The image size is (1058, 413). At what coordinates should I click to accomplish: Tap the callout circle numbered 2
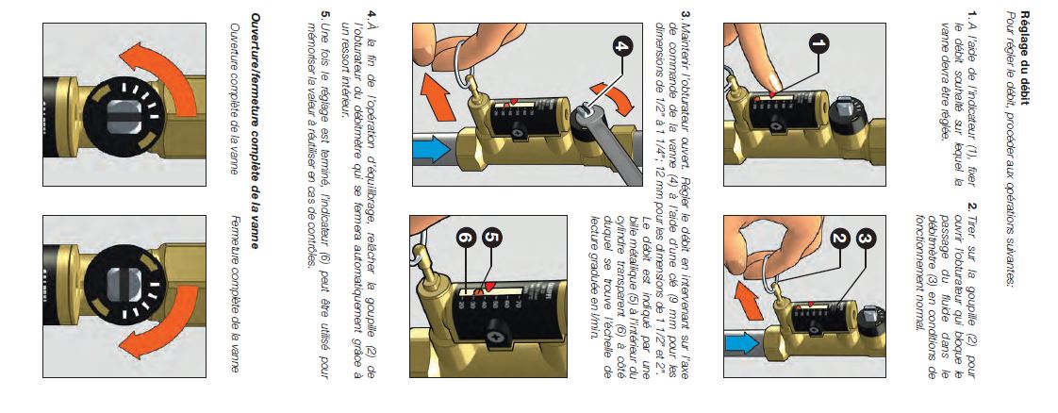[840, 239]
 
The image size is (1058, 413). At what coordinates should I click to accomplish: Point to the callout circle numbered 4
[623, 46]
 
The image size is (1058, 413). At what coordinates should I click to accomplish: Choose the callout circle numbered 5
[492, 238]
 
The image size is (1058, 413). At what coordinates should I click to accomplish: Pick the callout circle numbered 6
[466, 238]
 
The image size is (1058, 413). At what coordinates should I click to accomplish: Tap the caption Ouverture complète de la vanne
[235, 99]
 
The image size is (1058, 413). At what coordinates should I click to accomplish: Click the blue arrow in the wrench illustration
[432, 148]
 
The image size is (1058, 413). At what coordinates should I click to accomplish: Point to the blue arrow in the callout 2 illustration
[741, 344]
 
